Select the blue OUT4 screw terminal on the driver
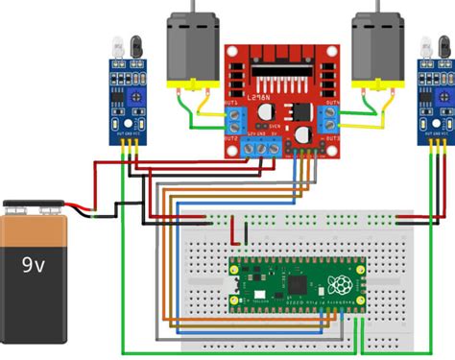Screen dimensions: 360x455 click(331, 119)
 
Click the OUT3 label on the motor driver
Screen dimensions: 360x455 click(332, 139)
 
